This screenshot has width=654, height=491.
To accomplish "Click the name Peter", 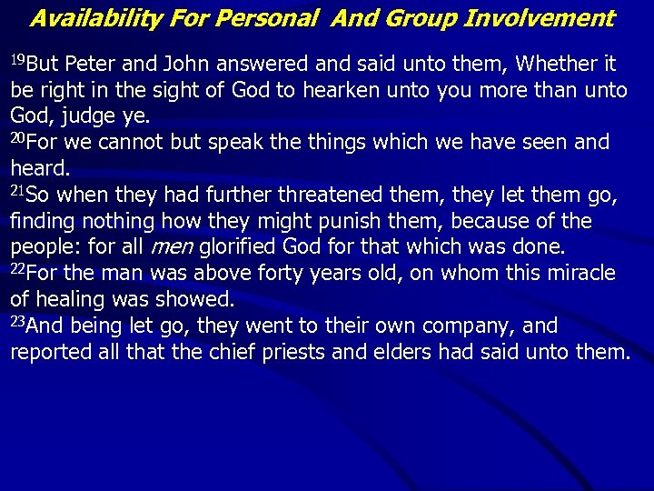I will tap(91, 64).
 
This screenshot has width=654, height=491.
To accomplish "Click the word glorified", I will tap(240, 247).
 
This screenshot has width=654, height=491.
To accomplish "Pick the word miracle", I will tap(580, 274).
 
